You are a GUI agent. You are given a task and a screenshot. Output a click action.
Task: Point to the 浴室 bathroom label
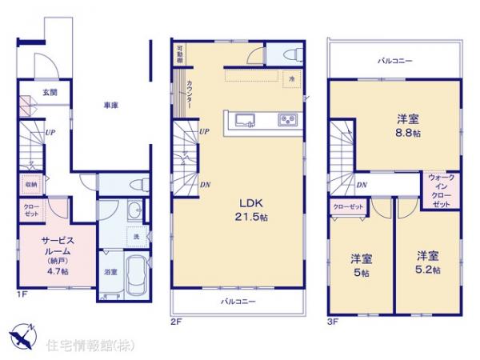click(110, 272)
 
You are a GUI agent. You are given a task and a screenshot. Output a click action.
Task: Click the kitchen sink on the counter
click(245, 121)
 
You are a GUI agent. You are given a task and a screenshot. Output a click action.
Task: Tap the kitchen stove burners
click(286, 121)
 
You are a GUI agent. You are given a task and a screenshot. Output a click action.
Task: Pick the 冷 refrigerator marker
click(293, 78)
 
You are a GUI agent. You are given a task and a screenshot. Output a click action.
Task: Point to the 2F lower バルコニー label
click(238, 302)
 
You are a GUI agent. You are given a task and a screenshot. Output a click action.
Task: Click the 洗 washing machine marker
click(136, 238)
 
